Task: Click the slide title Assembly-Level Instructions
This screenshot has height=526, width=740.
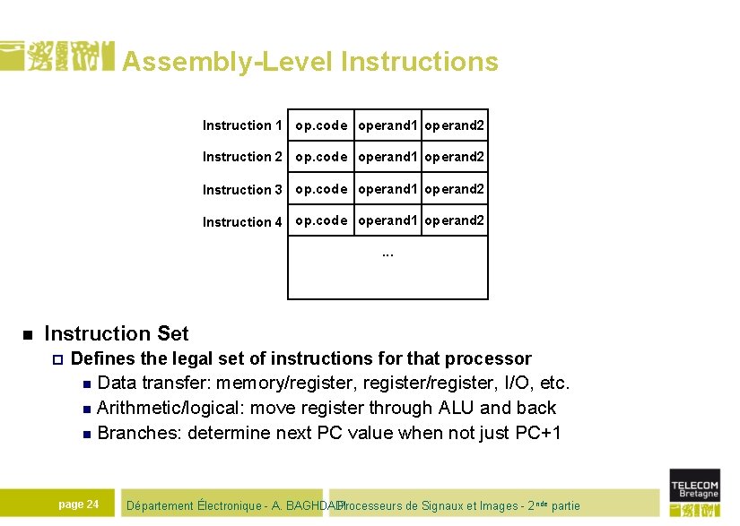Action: pyautogui.click(x=309, y=61)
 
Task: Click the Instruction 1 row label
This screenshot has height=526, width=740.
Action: pyautogui.click(x=242, y=125)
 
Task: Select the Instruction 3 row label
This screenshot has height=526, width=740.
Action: pyautogui.click(x=242, y=190)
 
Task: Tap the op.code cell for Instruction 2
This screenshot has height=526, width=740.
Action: pyautogui.click(x=321, y=157)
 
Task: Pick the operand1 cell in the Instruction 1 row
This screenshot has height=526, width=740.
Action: pyautogui.click(x=388, y=125)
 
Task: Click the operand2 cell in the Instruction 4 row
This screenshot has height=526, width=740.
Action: pyautogui.click(x=455, y=220)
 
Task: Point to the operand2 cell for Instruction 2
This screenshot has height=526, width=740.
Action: pyautogui.click(x=455, y=157)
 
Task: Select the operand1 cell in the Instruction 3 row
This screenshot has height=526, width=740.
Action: pyautogui.click(x=388, y=189)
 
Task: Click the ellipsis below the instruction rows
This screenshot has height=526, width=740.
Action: pyautogui.click(x=387, y=253)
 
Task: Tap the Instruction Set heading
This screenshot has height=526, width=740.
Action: pyautogui.click(x=117, y=334)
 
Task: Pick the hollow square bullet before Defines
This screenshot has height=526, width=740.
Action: pyautogui.click(x=56, y=359)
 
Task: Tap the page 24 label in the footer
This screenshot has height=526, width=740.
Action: pyautogui.click(x=78, y=504)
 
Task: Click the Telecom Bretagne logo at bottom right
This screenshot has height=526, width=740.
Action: pyautogui.click(x=694, y=492)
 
